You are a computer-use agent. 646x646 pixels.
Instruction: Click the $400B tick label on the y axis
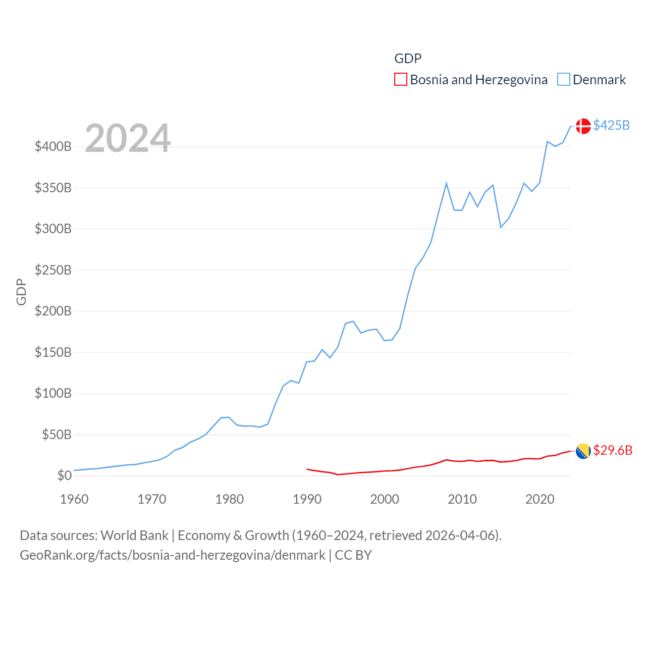tap(53, 147)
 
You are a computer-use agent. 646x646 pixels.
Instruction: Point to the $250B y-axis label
tap(53, 270)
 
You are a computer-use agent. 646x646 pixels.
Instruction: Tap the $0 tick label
tap(64, 475)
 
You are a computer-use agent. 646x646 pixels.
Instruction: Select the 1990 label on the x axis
tap(307, 499)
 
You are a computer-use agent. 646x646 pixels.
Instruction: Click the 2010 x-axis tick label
tap(462, 499)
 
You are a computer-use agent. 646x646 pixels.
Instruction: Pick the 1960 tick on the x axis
tap(74, 499)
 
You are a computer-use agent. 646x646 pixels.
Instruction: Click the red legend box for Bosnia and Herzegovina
tap(401, 80)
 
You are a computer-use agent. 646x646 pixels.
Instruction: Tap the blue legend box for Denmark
tap(564, 80)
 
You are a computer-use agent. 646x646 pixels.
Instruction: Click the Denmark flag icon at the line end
tap(583, 126)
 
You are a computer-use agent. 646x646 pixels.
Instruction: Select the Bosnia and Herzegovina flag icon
tap(583, 451)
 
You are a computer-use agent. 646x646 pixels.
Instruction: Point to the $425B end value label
tap(611, 125)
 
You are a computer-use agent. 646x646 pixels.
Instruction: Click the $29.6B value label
tap(613, 450)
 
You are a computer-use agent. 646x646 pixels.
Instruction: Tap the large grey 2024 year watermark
tap(128, 138)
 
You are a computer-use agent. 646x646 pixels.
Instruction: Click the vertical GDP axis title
tap(21, 292)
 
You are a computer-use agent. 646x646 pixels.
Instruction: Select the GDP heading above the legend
tap(408, 59)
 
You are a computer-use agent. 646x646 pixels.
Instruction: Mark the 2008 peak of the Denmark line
tap(447, 183)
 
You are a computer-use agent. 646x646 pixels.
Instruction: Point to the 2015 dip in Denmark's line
tap(501, 227)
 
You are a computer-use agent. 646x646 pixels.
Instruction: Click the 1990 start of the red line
tap(307, 469)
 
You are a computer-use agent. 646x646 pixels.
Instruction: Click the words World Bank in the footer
tap(135, 535)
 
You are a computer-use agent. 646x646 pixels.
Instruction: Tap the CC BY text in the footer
tap(353, 555)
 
